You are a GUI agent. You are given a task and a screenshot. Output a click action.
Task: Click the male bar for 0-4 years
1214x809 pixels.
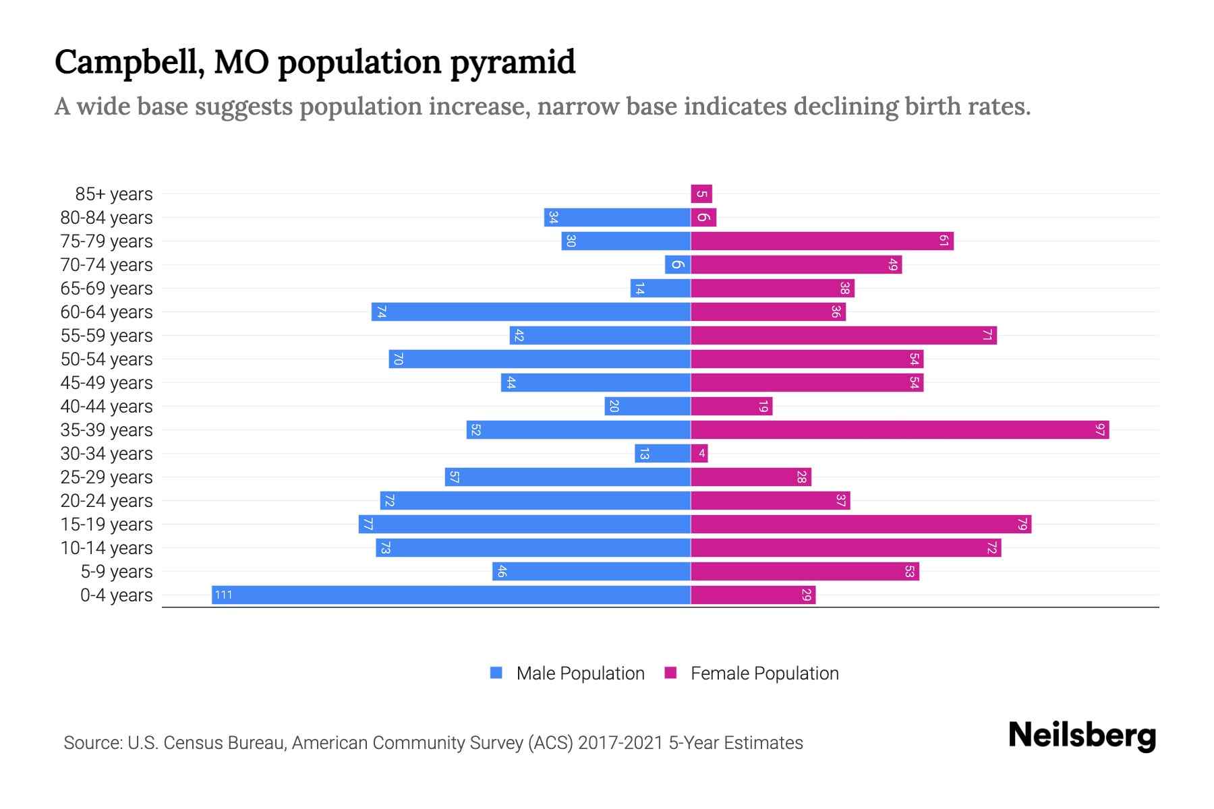[451, 595]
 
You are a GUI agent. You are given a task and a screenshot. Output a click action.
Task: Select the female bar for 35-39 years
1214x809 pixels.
[900, 429]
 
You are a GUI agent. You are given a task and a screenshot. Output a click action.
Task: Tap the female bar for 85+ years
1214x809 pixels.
[701, 194]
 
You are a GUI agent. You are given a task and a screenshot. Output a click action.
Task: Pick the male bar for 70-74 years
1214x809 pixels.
[677, 265]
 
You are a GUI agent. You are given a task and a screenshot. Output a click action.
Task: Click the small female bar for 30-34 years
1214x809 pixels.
[699, 454]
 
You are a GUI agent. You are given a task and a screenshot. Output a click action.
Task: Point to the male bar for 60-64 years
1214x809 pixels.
[531, 312]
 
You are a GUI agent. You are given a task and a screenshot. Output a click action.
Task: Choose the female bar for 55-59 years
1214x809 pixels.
[843, 336]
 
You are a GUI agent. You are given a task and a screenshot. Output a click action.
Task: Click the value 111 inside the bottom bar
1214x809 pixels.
[223, 595]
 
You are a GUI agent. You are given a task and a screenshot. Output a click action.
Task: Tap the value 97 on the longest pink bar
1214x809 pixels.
[1100, 429]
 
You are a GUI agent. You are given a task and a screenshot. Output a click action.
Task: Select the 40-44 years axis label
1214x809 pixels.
[107, 407]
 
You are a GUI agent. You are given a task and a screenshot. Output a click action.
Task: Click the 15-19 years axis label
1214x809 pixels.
[107, 525]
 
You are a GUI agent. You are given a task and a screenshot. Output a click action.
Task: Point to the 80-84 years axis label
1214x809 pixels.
[107, 218]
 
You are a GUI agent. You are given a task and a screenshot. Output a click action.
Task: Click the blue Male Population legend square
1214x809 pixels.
[496, 673]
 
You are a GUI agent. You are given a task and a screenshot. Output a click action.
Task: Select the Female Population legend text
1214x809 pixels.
[764, 673]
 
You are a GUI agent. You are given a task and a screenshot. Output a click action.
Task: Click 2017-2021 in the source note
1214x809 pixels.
[620, 743]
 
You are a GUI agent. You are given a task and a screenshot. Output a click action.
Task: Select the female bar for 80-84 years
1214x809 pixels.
[703, 218]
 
